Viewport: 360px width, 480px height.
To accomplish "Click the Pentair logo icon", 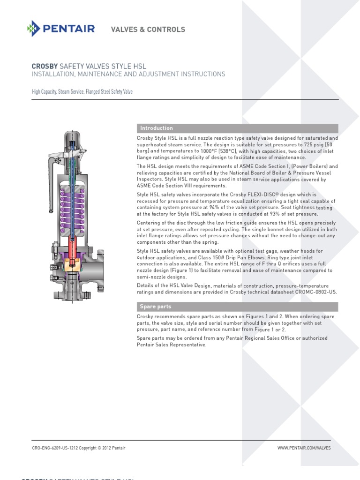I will tap(34, 29).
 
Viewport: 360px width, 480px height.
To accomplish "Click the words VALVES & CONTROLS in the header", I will tap(148, 30).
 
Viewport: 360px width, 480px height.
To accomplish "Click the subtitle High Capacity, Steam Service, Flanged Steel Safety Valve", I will tap(82, 92).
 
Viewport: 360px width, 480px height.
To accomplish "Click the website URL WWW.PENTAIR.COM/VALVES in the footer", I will tap(304, 448).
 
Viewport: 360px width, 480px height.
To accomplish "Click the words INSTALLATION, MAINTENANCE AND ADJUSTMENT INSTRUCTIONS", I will tap(128, 74).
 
